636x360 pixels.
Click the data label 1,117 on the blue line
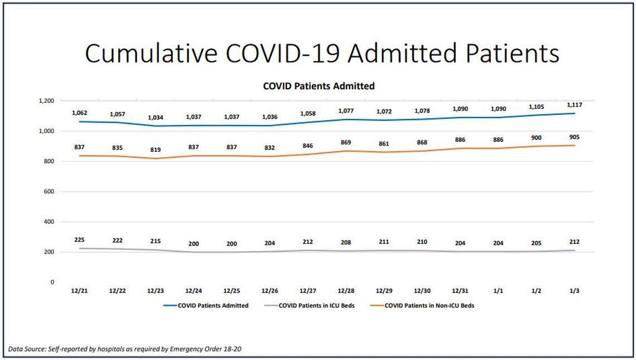[x=575, y=104]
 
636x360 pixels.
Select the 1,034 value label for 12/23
[x=155, y=118]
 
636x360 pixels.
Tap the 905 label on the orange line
[x=575, y=137]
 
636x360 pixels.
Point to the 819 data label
[x=155, y=150]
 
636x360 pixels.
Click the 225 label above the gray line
[x=79, y=240]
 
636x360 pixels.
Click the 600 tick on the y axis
[x=49, y=191]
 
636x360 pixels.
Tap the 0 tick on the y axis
[x=52, y=282]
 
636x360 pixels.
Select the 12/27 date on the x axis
[x=308, y=291]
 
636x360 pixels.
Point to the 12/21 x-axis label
[x=79, y=291]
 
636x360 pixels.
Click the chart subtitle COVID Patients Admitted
[x=319, y=86]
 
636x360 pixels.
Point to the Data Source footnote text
[x=125, y=349]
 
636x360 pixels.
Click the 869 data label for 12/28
[x=346, y=143]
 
